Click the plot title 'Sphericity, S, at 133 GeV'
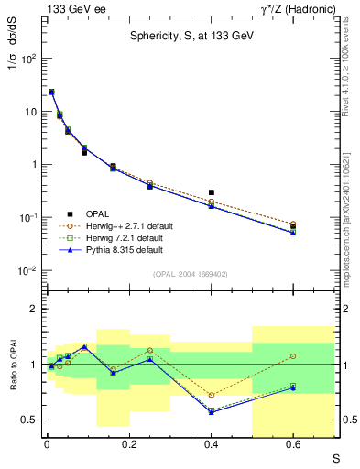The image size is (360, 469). [191, 37]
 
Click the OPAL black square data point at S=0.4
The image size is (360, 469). [212, 192]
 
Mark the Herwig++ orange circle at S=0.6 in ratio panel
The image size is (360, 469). [293, 356]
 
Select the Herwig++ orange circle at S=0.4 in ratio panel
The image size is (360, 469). [212, 395]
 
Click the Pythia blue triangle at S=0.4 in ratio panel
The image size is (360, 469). [212, 412]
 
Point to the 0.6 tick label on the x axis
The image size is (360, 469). [293, 445]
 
